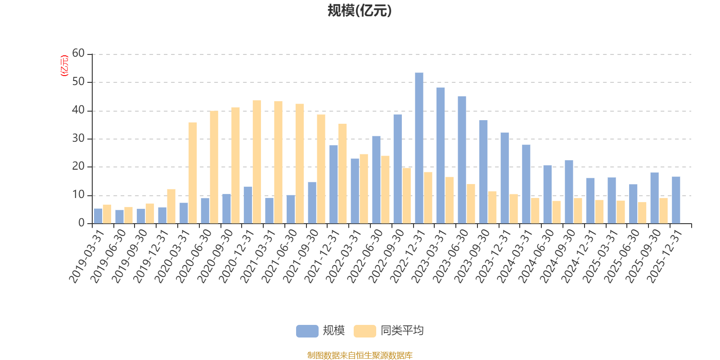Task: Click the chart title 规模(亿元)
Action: (359, 11)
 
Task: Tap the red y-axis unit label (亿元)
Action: (64, 66)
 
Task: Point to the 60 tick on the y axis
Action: (78, 54)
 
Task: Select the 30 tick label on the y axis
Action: (78, 139)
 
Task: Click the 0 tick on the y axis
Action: (81, 223)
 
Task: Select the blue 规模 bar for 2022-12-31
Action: (419, 148)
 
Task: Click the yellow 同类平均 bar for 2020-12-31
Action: (256, 162)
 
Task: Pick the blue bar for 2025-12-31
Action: (676, 200)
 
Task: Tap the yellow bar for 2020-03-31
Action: (193, 173)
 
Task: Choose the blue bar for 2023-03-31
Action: (441, 156)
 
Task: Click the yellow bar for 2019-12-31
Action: (171, 206)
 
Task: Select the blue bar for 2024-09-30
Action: (569, 192)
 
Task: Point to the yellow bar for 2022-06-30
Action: (385, 189)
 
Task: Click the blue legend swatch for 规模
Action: (307, 331)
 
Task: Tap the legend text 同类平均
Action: (402, 331)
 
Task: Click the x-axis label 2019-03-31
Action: (87, 255)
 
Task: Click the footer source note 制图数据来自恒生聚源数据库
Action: (360, 355)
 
